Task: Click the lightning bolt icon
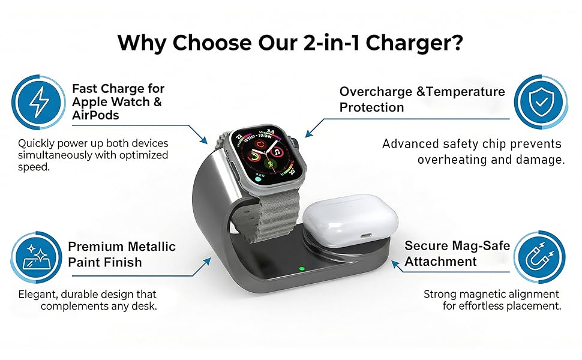pyautogui.click(x=39, y=103)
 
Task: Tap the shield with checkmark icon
pyautogui.click(x=541, y=103)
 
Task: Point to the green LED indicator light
pyautogui.click(x=302, y=268)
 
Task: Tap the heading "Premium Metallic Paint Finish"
pyautogui.click(x=121, y=254)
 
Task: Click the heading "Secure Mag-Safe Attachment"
pyautogui.click(x=457, y=253)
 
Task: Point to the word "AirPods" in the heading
pyautogui.click(x=96, y=115)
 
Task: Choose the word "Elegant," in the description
pyautogui.click(x=38, y=294)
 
